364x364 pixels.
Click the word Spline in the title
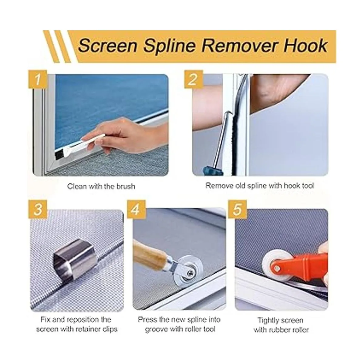(169, 46)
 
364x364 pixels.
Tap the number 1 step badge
(38, 79)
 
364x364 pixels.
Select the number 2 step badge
(193, 79)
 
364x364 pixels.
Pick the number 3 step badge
(38, 210)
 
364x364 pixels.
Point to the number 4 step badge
(136, 210)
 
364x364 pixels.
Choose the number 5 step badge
(237, 210)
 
